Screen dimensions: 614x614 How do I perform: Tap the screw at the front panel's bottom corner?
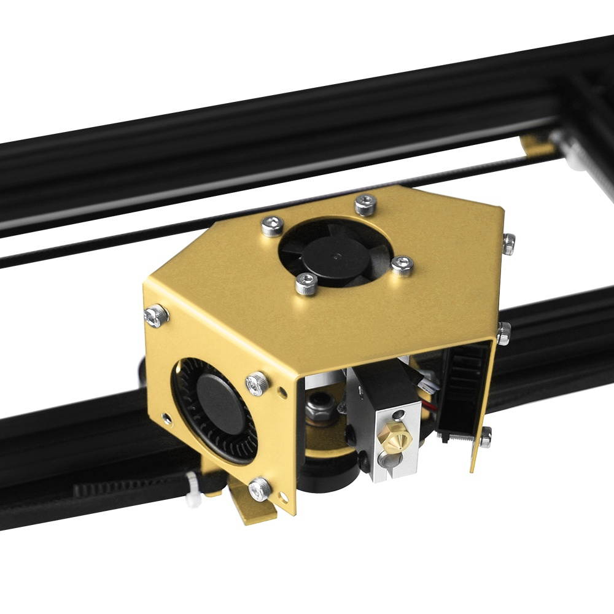click(x=260, y=489)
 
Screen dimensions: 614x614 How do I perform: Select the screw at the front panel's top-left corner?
click(x=156, y=315)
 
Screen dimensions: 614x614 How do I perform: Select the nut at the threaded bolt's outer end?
click(x=485, y=437)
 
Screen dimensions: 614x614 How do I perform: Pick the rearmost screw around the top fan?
click(x=365, y=204)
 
